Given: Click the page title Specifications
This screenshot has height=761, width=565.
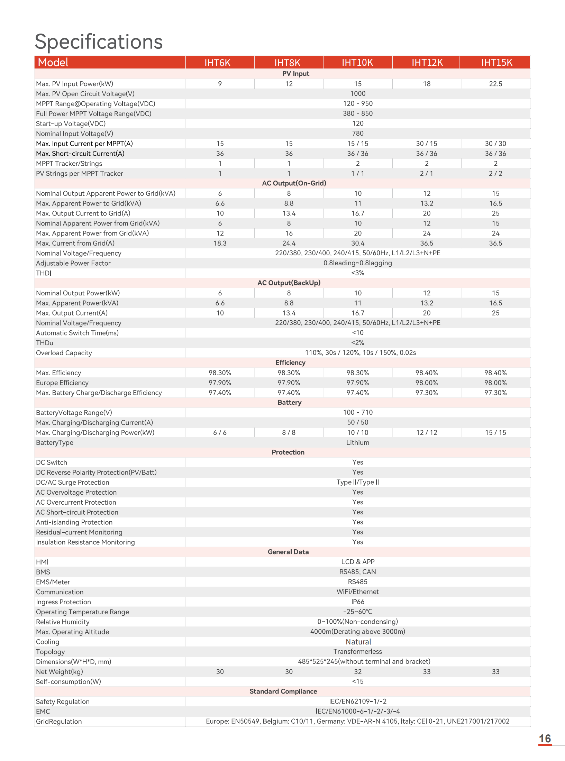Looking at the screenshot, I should coord(99,42).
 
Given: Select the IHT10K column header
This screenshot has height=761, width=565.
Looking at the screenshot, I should coord(357,63).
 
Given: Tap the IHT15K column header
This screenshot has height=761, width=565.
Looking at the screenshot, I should coord(496,63).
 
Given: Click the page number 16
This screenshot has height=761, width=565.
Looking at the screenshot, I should coord(545,739).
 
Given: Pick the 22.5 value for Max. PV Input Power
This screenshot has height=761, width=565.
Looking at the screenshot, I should coord(495,84).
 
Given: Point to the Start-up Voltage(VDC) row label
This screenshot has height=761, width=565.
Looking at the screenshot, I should coord(71,124).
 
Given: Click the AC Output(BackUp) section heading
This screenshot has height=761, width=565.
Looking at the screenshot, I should coord(289,283).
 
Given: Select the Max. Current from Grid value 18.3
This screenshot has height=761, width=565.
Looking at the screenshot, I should coord(220,243).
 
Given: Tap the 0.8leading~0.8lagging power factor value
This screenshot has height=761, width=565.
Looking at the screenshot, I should coord(358,263).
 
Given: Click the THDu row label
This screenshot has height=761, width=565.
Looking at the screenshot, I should coord(45,343).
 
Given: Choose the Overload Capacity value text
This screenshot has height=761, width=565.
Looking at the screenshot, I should coord(360,352).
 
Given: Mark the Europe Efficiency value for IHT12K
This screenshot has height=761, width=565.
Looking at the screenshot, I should coord(427,383).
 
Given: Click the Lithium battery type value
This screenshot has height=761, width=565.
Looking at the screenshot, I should coord(358,442).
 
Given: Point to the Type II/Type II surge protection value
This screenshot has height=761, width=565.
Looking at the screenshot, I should coord(358,482).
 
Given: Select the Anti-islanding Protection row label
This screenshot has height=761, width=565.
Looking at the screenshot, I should coord(74,522).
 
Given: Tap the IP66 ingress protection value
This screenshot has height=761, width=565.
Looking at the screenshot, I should coord(358,602).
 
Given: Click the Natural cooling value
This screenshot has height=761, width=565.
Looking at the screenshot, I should coord(358,642).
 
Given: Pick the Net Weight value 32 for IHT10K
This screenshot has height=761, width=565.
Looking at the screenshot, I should coord(358,672).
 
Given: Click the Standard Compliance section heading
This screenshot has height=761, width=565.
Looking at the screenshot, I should coord(283,691).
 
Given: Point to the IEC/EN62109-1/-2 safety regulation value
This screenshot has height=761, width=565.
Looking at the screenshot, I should coord(358,702).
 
